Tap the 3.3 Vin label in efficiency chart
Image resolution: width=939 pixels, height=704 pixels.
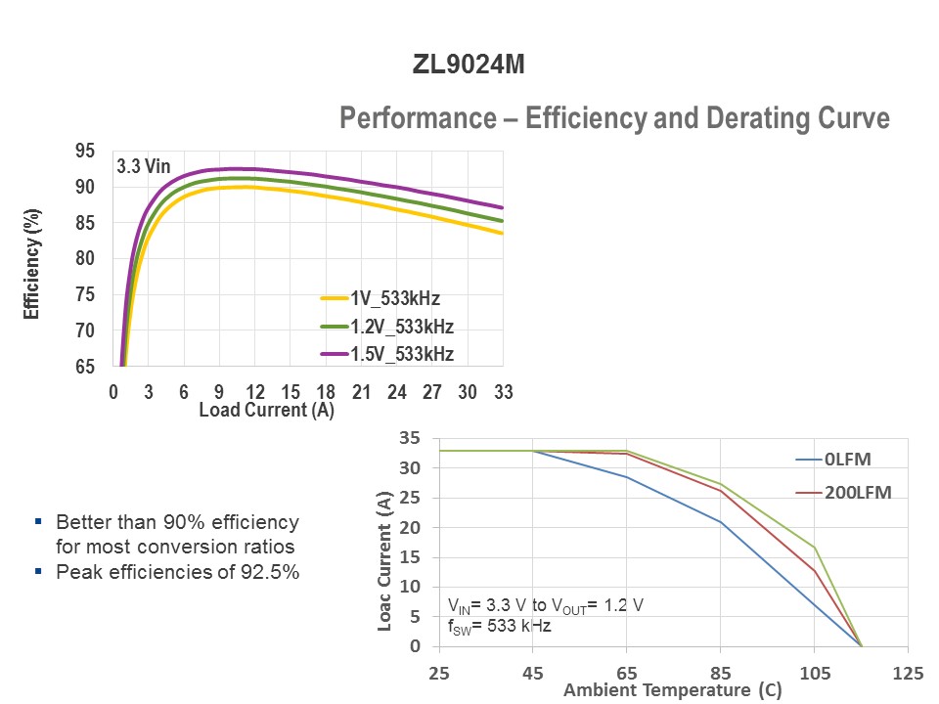143,166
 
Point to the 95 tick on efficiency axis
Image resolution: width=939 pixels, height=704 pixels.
85,151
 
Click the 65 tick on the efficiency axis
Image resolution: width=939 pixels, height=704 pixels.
85,367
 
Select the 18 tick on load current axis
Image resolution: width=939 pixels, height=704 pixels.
326,392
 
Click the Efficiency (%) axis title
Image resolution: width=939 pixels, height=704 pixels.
32,264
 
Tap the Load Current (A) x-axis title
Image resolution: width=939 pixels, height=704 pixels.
266,411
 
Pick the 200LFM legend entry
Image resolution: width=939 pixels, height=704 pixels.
859,493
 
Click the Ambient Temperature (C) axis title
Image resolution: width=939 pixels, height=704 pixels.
672,690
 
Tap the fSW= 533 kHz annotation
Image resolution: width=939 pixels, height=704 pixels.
499,626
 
